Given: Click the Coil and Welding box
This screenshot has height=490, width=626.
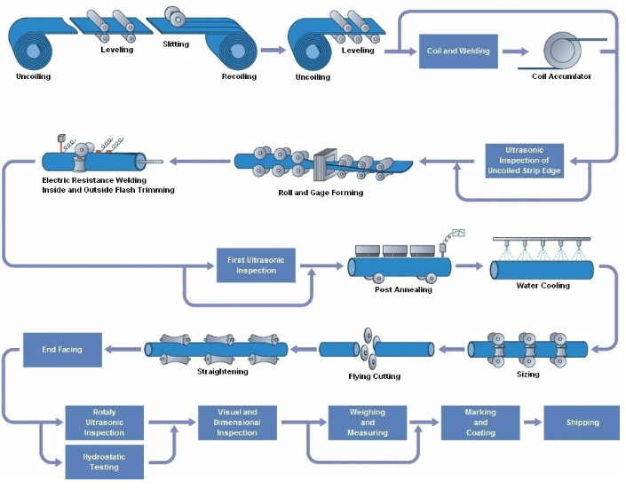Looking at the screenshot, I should click(457, 51).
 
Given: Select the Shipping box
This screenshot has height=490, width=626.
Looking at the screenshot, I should click(582, 423).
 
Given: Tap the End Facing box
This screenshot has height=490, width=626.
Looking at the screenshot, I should click(62, 349).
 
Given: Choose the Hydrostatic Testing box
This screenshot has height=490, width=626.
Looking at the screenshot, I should click(104, 463).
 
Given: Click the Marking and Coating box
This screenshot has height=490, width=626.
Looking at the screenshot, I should click(480, 423).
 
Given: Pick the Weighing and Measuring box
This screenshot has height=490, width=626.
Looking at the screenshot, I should click(367, 423).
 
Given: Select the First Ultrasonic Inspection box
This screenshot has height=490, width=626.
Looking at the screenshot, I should click(257, 265).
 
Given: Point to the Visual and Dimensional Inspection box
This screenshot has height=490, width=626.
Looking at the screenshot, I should click(237, 423).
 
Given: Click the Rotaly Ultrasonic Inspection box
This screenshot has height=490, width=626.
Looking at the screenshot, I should click(104, 423).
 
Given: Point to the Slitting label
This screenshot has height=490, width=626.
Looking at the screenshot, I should click(177, 43).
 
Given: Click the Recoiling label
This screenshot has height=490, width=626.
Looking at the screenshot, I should click(239, 76).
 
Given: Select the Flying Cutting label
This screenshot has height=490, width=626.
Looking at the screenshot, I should click(374, 376).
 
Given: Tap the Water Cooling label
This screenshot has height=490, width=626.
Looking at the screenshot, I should click(543, 286).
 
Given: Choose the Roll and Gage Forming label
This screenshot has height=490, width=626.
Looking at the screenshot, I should click(321, 192).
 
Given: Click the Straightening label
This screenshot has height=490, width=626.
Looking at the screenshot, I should click(223, 371).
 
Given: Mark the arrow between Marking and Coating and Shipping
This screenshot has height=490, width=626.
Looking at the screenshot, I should click(531, 423).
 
